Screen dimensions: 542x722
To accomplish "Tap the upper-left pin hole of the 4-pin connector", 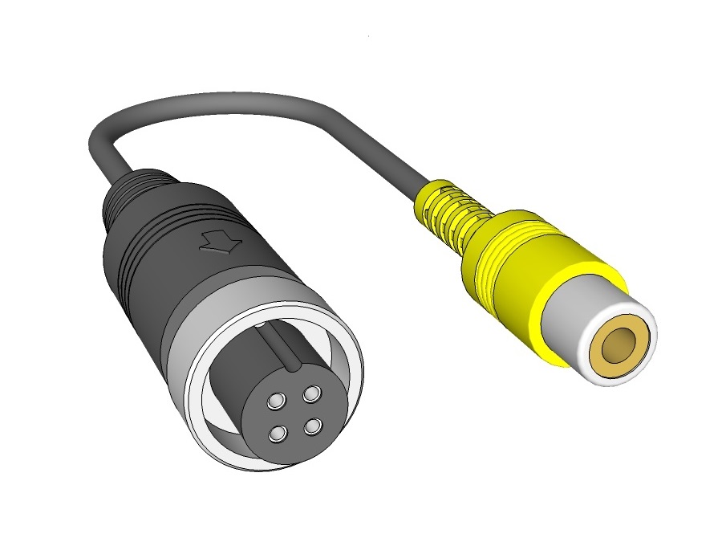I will tap(276, 400).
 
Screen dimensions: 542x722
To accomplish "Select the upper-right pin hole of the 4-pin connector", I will tap(312, 393).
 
